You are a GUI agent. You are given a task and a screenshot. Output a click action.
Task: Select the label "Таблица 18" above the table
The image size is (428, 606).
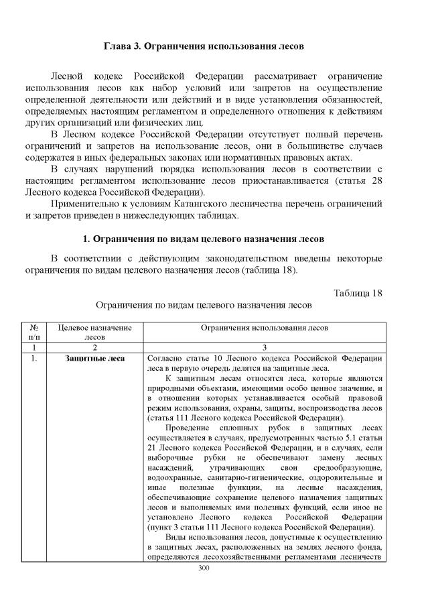[358, 293]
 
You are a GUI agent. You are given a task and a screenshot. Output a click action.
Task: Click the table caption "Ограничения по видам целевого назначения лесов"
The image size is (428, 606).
[204, 304]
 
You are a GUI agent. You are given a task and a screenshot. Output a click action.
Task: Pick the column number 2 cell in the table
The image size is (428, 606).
[95, 348]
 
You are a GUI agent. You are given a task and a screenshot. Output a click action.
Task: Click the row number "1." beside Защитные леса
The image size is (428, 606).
[35, 358]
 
